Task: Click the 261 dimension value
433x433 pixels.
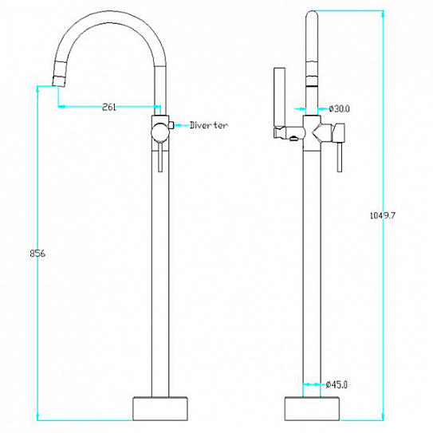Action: coord(109,107)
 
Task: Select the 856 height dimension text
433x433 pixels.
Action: coord(37,254)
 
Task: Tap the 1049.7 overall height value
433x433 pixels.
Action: coord(383,215)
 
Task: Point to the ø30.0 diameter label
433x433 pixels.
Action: coord(339,108)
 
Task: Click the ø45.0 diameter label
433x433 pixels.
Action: coord(337,384)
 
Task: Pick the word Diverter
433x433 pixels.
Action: coord(209,125)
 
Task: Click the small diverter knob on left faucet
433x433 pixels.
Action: coord(171,125)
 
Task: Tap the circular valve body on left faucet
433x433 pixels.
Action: coord(159,132)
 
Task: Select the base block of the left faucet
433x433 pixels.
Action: coord(160,409)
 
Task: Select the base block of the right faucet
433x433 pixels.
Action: coord(312,409)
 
